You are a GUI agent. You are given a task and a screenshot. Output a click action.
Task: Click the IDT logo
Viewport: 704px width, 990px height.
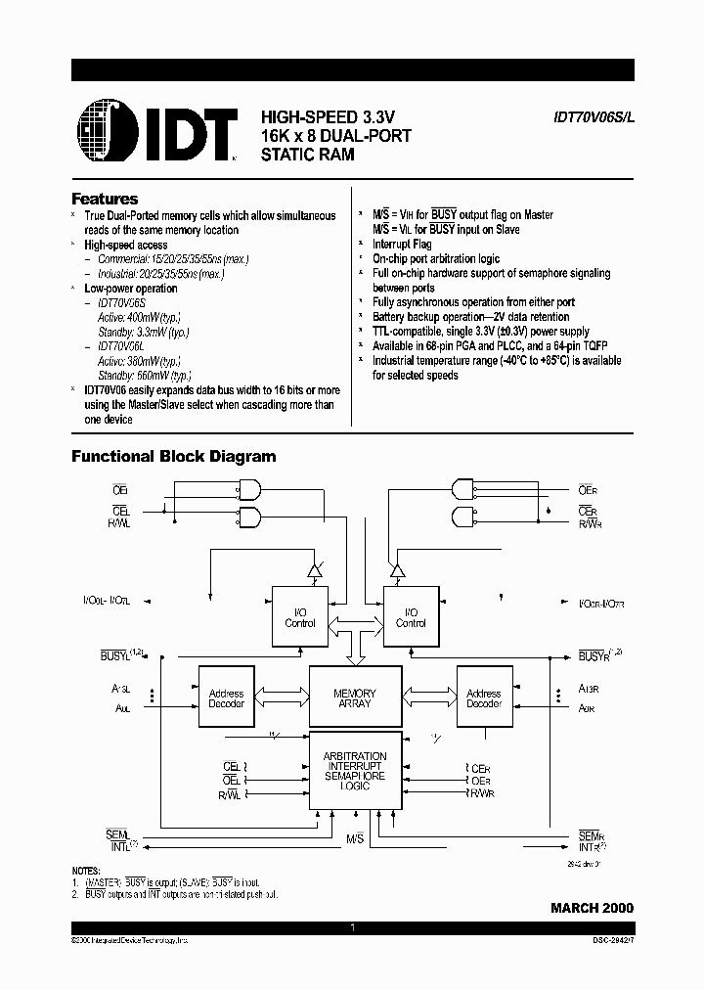[x=157, y=127]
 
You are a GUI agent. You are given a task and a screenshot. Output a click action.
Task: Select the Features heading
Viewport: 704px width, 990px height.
[x=105, y=199]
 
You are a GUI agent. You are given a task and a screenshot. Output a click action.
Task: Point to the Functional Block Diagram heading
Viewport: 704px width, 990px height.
[x=174, y=457]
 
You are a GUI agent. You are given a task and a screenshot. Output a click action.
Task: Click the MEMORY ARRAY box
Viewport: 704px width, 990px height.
[x=355, y=697]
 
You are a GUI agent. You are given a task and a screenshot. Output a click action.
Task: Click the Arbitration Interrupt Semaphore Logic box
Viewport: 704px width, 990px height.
[x=355, y=772]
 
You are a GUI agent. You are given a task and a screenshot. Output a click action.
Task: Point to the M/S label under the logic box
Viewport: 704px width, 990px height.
[x=355, y=840]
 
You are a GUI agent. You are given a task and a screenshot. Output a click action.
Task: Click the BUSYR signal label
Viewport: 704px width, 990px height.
[x=594, y=653]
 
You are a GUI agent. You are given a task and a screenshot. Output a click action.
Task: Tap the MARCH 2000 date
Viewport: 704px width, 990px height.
[x=592, y=908]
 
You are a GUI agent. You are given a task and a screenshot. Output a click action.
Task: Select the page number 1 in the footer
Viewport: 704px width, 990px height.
[x=352, y=926]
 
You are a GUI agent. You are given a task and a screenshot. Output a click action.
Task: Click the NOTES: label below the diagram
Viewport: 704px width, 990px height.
[x=86, y=871]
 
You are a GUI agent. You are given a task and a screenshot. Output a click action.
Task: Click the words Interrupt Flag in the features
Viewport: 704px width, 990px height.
[x=402, y=245]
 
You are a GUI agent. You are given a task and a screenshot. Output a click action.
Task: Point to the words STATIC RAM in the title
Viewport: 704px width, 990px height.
[x=307, y=154]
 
